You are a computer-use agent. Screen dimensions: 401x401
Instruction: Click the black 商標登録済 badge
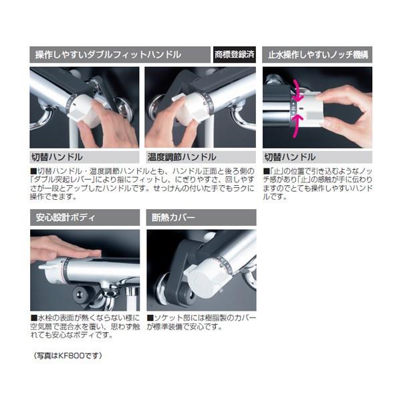coord(235,55)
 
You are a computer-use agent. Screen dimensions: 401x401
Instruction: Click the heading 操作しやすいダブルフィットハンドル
coord(108,55)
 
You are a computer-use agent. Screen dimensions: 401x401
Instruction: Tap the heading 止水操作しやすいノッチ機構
coord(318,55)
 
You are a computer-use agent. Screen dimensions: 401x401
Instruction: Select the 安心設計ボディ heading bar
coord(85,217)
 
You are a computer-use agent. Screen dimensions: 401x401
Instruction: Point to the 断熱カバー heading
coord(173,218)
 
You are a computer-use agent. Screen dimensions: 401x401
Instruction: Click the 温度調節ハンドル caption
coord(182,157)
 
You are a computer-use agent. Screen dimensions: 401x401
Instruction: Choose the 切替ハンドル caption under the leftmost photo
coord(57,157)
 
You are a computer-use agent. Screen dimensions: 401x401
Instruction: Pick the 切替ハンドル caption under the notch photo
coord(290,157)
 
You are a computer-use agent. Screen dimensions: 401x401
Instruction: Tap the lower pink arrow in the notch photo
coord(297,126)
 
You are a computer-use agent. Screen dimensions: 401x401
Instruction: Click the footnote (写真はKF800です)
coord(68,356)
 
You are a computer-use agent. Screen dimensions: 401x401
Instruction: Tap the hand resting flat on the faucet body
coord(64,249)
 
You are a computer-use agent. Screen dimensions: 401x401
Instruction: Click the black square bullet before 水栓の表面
coord(34,318)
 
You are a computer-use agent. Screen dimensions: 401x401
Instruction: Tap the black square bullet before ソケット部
coord(150,318)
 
